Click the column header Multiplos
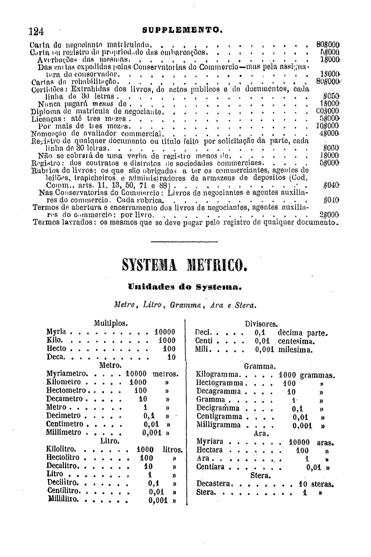pos(111,323)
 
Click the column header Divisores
pos(261,324)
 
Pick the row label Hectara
pos(209,450)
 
